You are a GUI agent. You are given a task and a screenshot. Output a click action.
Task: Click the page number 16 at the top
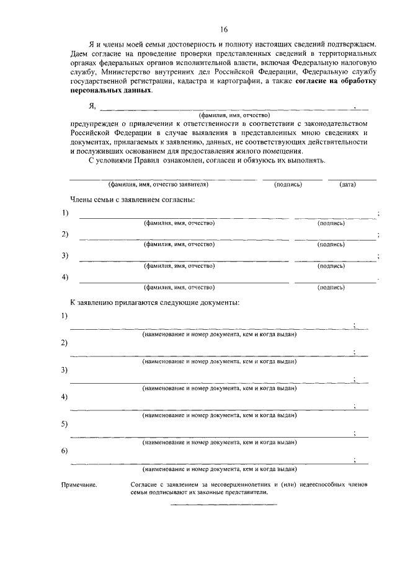coord(223,29)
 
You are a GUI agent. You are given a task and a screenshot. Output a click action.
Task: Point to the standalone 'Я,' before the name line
coord(93,106)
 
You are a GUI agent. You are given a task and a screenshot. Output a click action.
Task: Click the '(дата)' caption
coord(347,185)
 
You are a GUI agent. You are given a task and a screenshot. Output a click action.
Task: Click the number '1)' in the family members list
coord(65,213)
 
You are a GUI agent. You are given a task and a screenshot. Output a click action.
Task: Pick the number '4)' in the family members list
coord(65,276)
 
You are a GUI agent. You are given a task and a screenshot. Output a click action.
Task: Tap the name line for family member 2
coord(183,238)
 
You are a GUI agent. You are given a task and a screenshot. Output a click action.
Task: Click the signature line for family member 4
coord(335,283)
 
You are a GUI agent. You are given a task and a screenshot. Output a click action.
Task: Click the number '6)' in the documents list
coord(65,450)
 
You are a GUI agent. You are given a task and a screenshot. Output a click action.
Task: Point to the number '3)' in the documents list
coord(65,370)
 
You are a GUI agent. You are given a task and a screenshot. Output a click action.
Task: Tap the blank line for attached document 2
coord(211,356)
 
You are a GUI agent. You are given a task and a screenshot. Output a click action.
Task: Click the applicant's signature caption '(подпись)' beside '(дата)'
coord(288,185)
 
